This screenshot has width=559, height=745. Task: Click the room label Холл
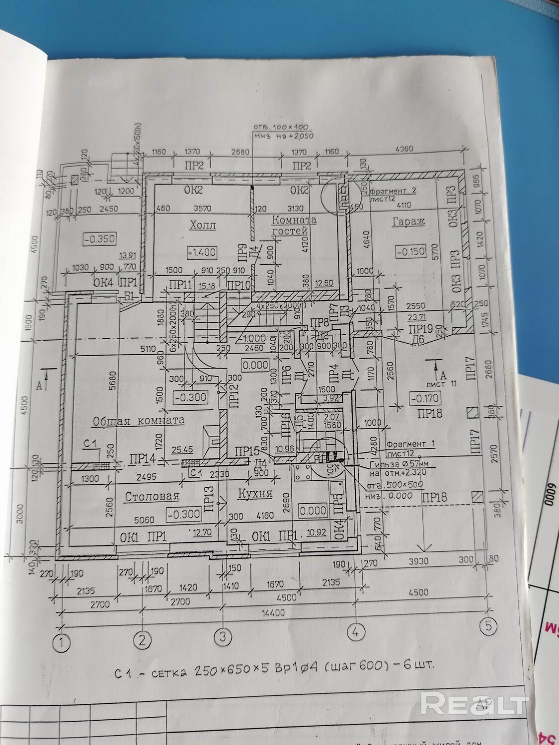tap(202, 226)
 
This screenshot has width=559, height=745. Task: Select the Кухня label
tap(254, 494)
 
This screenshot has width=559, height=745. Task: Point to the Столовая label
tap(152, 497)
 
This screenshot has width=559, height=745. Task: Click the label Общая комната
tap(138, 420)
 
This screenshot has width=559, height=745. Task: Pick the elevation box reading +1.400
tap(202, 252)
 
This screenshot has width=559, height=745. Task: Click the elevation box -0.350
tap(100, 239)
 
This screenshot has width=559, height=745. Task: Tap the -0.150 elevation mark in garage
tap(411, 252)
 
